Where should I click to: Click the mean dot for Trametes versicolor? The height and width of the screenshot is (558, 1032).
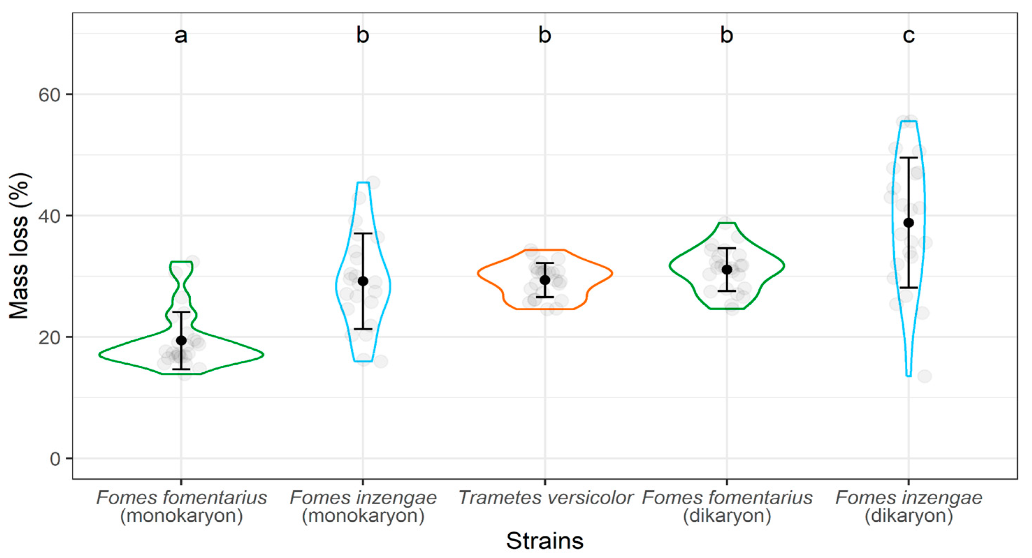[x=545, y=280]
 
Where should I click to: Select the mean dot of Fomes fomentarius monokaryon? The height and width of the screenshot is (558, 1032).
[x=181, y=341]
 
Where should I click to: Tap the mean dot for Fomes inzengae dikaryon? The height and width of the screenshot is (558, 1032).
[x=909, y=223]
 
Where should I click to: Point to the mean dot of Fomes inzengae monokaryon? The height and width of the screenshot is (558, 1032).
[x=363, y=281]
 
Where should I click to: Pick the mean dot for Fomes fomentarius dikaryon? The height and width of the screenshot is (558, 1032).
[x=727, y=270]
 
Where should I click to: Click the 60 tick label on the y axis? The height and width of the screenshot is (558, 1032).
[x=49, y=95]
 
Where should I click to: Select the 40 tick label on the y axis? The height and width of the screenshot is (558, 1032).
[x=49, y=216]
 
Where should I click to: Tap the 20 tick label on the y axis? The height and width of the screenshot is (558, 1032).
[x=49, y=338]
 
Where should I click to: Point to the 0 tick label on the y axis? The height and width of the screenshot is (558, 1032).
[x=55, y=459]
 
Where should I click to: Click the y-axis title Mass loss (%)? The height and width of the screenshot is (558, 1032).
[x=19, y=246]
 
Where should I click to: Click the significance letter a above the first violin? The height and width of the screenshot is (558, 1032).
[x=181, y=36]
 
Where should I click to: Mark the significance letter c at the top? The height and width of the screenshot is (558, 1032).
[x=909, y=36]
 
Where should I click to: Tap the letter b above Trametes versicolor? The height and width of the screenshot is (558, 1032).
[x=545, y=35]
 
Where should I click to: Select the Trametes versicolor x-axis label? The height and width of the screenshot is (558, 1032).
[x=545, y=498]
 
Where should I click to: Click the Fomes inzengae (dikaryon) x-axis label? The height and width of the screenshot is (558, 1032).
[x=909, y=507]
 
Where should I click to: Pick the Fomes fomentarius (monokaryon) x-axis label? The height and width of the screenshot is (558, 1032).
[x=181, y=507]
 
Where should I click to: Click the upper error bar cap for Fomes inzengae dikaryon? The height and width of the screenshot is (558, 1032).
[x=909, y=158]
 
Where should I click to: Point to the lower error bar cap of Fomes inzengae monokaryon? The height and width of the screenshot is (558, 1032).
[x=363, y=329]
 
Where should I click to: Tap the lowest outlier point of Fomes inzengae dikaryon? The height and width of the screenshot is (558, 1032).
[x=925, y=376]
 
